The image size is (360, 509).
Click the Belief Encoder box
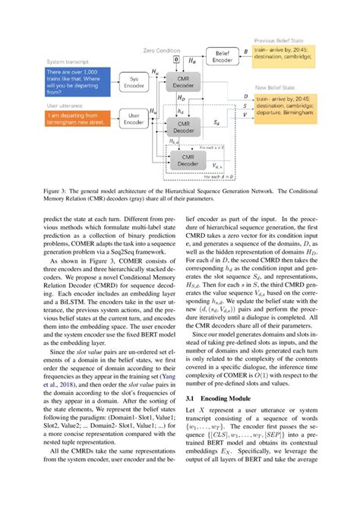click(x=221, y=57)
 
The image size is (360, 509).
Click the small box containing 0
click(x=177, y=58)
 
